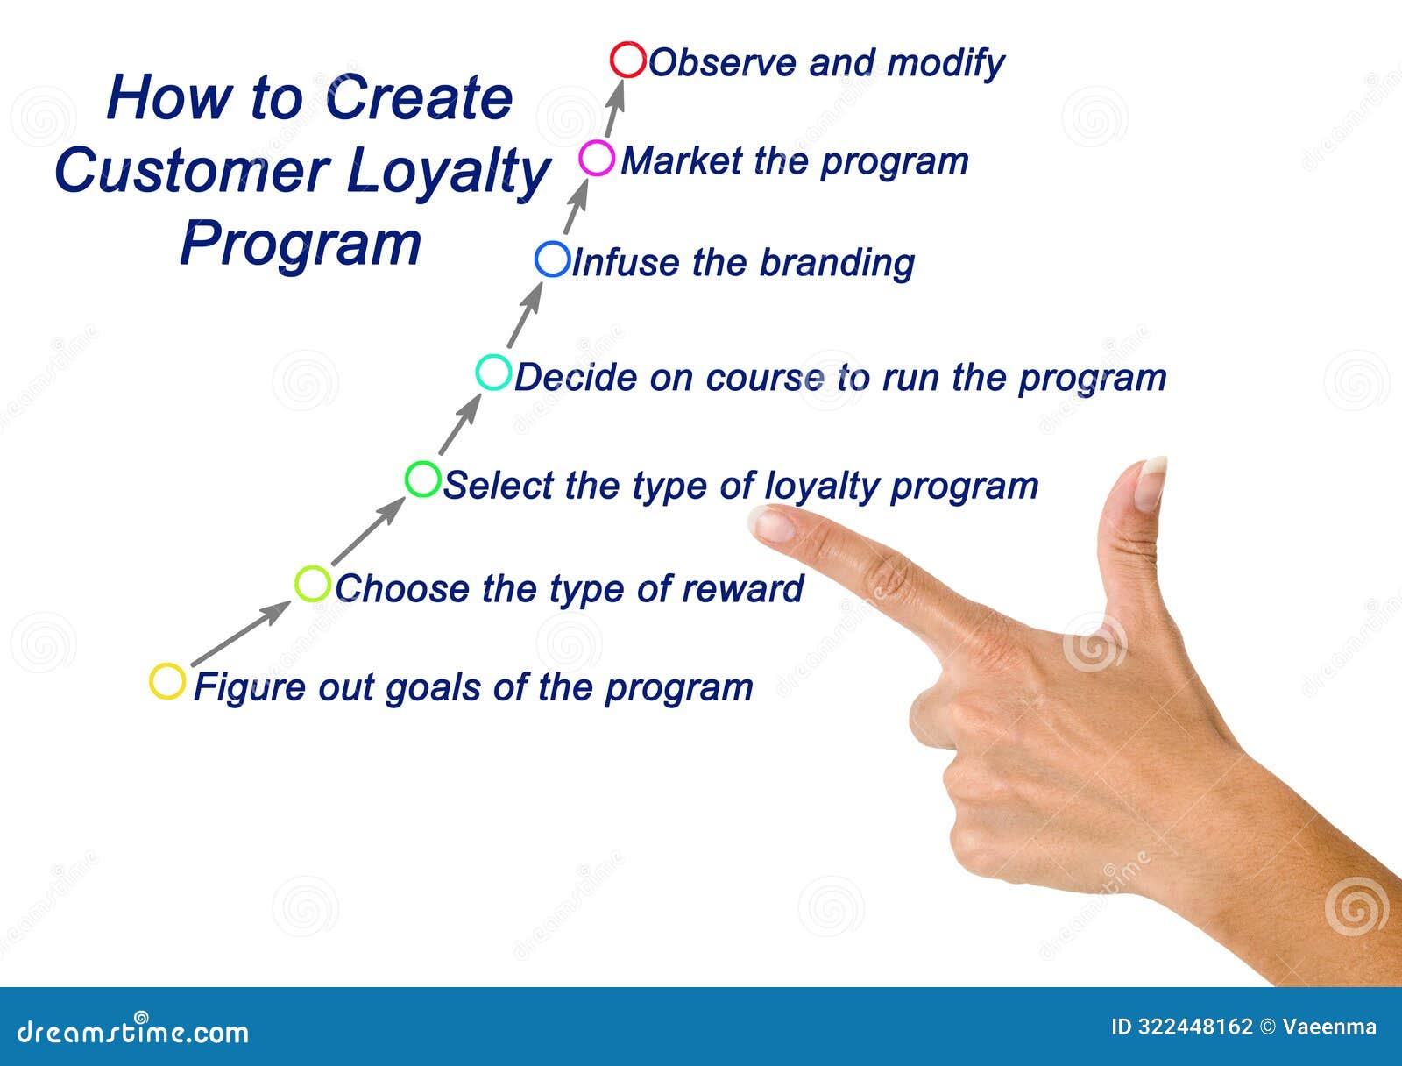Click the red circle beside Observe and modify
pyautogui.click(x=627, y=60)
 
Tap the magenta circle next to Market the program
pyautogui.click(x=597, y=159)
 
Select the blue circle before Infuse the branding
pyautogui.click(x=552, y=259)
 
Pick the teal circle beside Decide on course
pyautogui.click(x=493, y=372)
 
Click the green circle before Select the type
pyautogui.click(x=422, y=480)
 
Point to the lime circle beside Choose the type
pyautogui.click(x=312, y=584)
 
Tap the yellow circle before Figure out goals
pyautogui.click(x=166, y=681)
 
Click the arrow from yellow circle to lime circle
pyautogui.click(x=240, y=633)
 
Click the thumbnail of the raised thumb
pyautogui.click(x=1149, y=484)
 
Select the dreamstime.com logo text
pyautogui.click(x=133, y=1031)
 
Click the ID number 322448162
pyautogui.click(x=1194, y=1027)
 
